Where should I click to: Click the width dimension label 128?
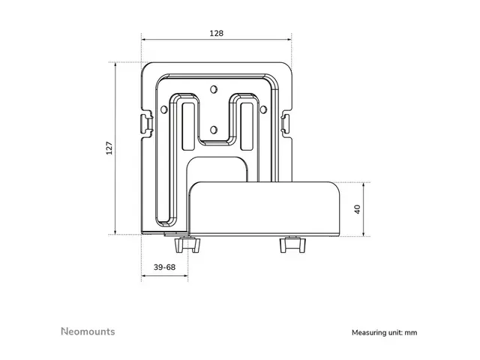(x=216, y=34)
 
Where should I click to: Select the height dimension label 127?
(x=109, y=148)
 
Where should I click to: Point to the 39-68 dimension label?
(x=164, y=267)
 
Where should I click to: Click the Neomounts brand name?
(x=87, y=331)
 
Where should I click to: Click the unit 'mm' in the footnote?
(x=411, y=331)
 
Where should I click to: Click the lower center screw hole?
(x=214, y=129)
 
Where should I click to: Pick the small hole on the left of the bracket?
(x=165, y=109)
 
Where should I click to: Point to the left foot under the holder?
(x=184, y=244)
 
